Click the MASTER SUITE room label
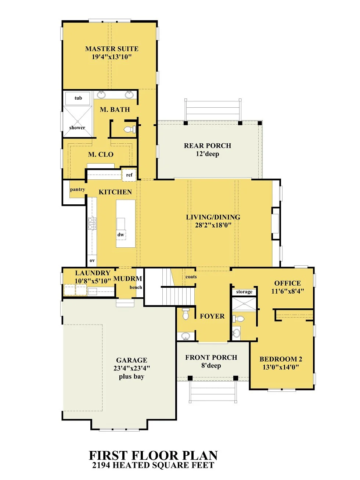pyautogui.click(x=112, y=49)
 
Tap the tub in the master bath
pyautogui.click(x=78, y=98)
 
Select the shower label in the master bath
pyautogui.click(x=77, y=128)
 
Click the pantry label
pyautogui.click(x=78, y=190)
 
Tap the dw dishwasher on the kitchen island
pyautogui.click(x=120, y=234)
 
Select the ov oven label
pyautogui.click(x=92, y=261)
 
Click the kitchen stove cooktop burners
pyautogui.click(x=92, y=223)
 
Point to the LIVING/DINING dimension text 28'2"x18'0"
pyautogui.click(x=213, y=225)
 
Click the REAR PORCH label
pyautogui.click(x=208, y=146)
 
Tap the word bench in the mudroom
pyautogui.click(x=136, y=287)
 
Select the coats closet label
pyautogui.click(x=191, y=277)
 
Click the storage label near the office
pyautogui.click(x=244, y=292)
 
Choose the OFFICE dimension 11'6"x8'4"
pyautogui.click(x=287, y=291)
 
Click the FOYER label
pyautogui.click(x=212, y=316)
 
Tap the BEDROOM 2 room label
pyautogui.click(x=281, y=359)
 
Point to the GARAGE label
pyautogui.click(x=132, y=360)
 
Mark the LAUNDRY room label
pyautogui.click(x=93, y=273)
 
